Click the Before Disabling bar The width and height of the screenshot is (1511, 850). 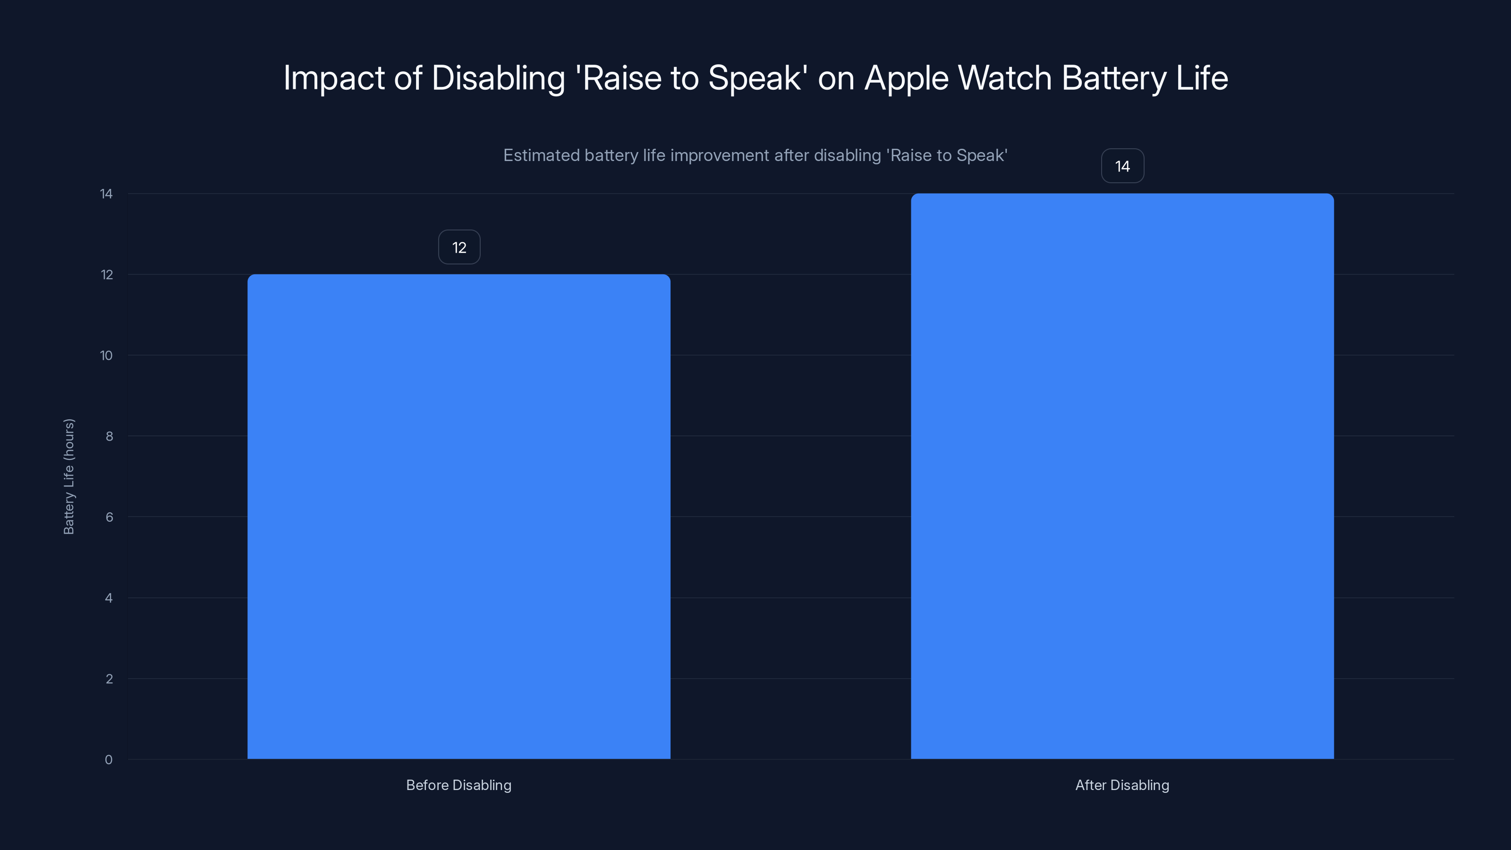458,516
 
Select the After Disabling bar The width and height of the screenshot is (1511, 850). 1122,476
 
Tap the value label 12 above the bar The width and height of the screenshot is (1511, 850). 459,247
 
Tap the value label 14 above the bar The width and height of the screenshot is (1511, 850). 1122,167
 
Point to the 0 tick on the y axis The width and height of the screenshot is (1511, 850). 109,760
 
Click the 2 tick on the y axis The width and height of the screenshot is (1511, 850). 109,679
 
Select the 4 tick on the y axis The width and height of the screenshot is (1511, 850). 109,598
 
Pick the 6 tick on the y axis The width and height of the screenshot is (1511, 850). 109,517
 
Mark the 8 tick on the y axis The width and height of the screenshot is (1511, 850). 109,436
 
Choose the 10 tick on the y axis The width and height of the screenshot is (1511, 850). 106,356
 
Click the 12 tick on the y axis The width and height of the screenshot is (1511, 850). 107,274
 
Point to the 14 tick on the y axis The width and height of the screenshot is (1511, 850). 106,194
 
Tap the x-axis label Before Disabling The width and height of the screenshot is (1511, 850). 458,785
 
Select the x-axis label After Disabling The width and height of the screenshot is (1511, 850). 1122,785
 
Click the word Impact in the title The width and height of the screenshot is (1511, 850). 334,78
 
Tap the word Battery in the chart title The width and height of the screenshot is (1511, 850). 1114,78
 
